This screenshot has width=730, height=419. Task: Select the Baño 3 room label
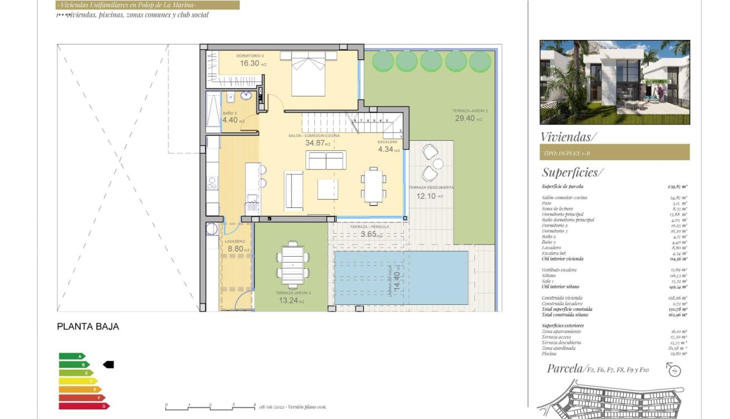point(230,117)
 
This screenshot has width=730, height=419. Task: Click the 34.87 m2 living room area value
point(318,143)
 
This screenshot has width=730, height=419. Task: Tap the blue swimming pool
point(401,277)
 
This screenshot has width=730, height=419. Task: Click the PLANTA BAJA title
point(88,327)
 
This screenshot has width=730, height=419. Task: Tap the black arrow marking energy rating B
point(108,365)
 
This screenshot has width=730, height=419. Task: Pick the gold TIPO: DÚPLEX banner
point(614,152)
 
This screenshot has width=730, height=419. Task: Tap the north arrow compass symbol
point(674,370)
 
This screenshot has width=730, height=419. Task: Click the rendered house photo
point(614,82)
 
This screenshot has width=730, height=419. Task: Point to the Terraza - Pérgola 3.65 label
point(370,231)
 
